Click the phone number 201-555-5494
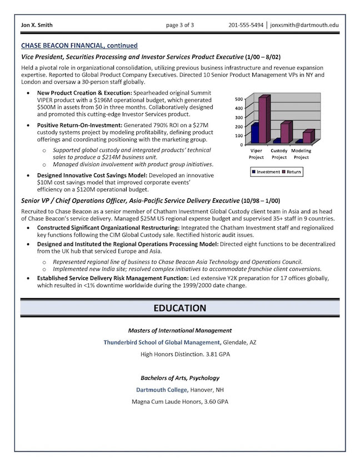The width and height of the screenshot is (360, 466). click(246, 25)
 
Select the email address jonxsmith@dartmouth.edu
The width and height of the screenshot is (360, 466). click(304, 25)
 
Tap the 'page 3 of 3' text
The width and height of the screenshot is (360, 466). click(180, 25)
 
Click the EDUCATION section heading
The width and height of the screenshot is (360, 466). click(180, 308)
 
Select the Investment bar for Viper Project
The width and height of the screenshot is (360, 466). click(255, 133)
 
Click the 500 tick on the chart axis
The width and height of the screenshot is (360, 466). click(239, 99)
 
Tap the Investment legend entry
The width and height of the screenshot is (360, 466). click(266, 172)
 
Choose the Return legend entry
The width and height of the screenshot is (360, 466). click(292, 172)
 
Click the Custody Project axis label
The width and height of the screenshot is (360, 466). click(279, 154)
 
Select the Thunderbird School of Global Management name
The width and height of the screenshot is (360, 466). click(162, 342)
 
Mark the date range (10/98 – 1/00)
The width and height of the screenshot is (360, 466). click(261, 201)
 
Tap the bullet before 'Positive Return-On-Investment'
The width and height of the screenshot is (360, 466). click(28, 126)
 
